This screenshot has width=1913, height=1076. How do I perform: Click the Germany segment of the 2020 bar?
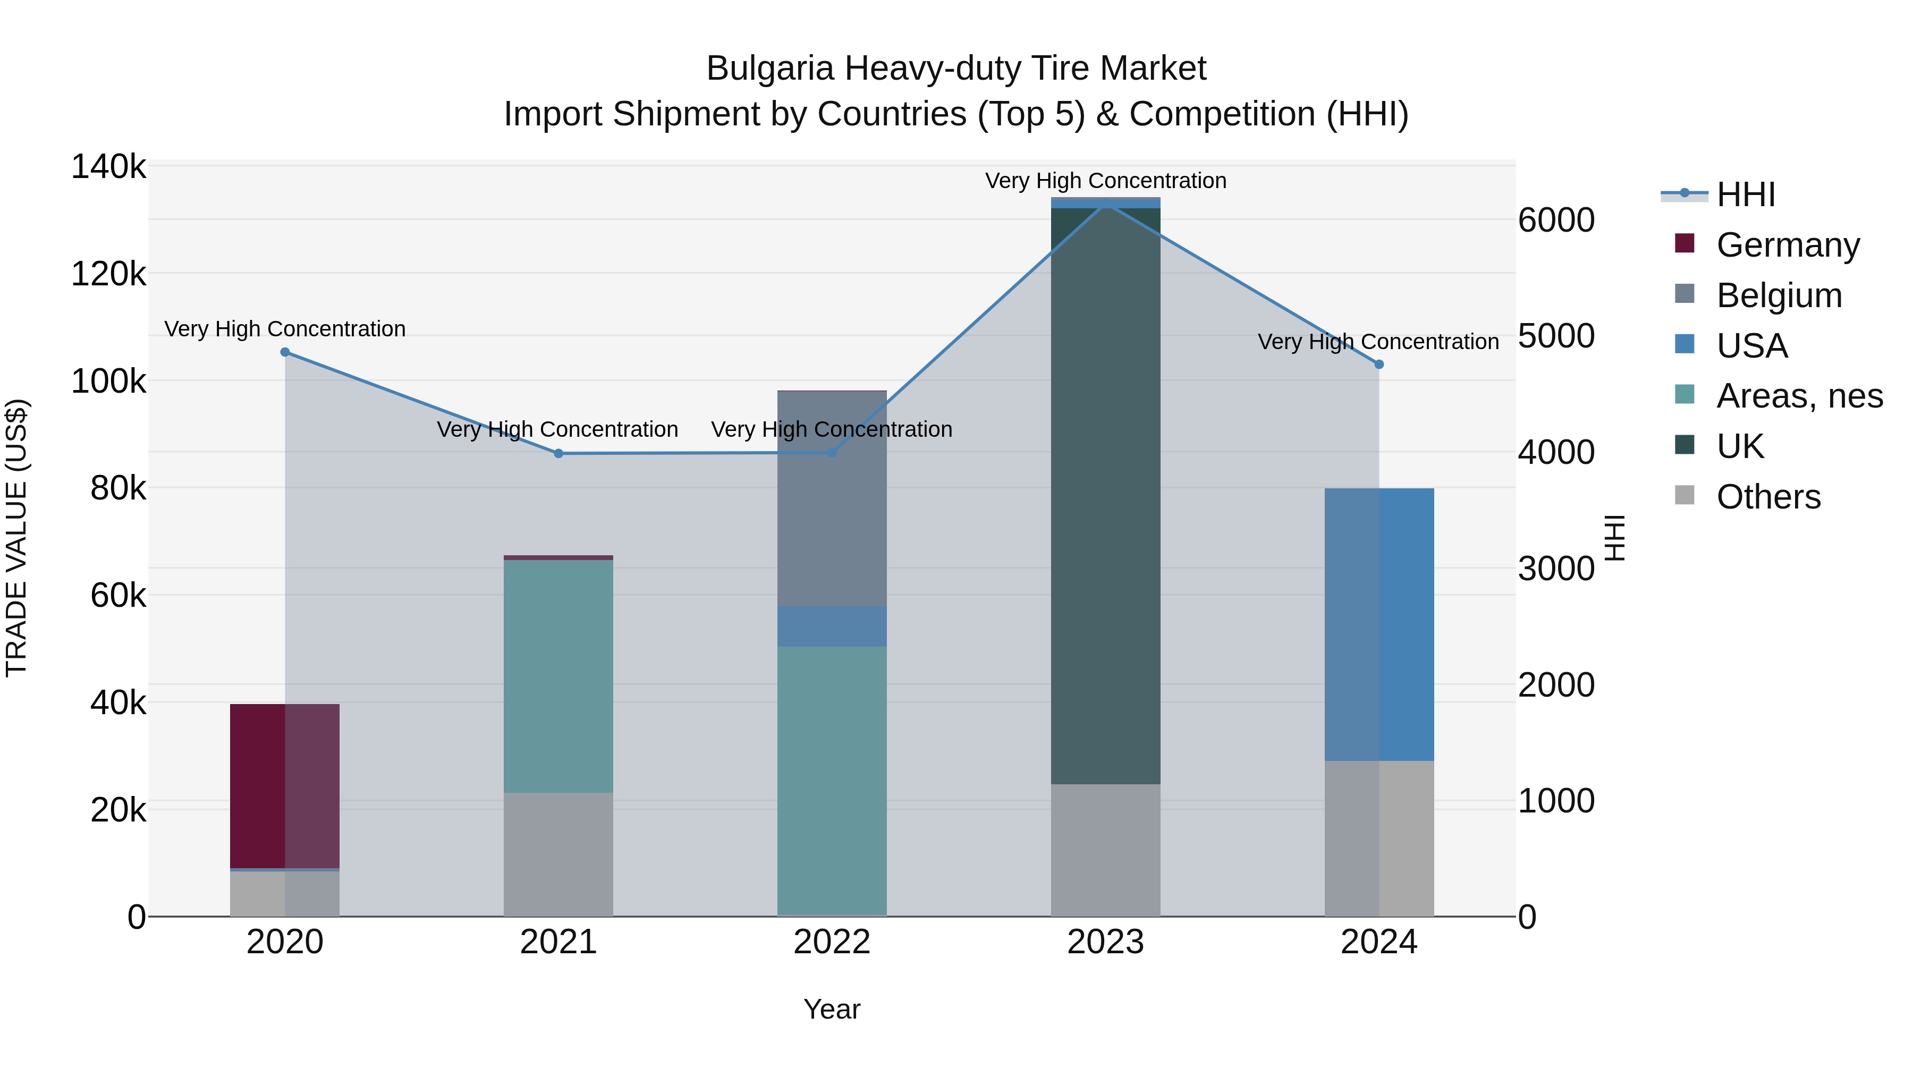[284, 786]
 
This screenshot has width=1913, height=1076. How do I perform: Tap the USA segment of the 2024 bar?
[1379, 624]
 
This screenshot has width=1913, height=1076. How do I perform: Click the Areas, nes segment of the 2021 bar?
[558, 676]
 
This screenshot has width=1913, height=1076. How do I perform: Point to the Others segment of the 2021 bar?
[558, 854]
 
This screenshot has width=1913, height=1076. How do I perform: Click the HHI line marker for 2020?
[285, 352]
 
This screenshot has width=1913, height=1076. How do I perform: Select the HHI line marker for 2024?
[1379, 365]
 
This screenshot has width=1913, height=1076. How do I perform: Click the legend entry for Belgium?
[1779, 295]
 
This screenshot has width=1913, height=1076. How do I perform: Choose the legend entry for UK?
[1739, 446]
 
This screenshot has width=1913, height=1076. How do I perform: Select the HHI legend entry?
[1745, 194]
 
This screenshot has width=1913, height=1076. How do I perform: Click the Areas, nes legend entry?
[1799, 396]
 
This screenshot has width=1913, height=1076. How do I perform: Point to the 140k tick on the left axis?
[108, 167]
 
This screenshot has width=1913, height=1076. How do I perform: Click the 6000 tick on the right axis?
[1556, 221]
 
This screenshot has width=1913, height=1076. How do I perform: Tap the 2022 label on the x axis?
[832, 942]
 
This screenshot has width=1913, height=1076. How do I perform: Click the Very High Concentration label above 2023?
[1105, 181]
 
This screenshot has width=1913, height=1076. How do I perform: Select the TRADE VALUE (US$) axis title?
[16, 538]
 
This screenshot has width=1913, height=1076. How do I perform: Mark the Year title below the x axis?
[832, 1009]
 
